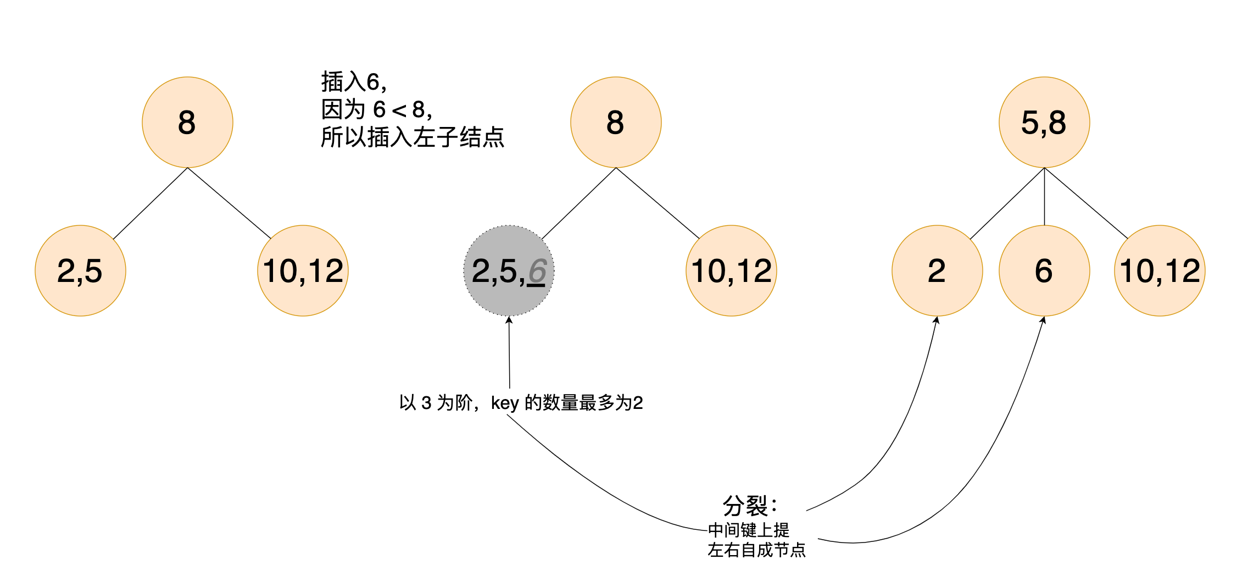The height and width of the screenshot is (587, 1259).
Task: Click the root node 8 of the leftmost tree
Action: pyautogui.click(x=187, y=122)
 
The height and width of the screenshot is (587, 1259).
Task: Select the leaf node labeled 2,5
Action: pyautogui.click(x=80, y=270)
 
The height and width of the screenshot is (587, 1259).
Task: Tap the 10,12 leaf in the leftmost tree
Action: pyautogui.click(x=303, y=270)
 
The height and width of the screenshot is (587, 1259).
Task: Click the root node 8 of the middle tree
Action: pyautogui.click(x=616, y=122)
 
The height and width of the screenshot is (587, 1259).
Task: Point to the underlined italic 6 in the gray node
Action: pyautogui.click(x=537, y=272)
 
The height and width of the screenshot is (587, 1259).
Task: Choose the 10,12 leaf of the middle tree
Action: pyautogui.click(x=731, y=270)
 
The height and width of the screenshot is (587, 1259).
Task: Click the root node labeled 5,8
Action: pyautogui.click(x=1044, y=122)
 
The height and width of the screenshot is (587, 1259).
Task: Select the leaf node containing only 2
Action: pyautogui.click(x=937, y=270)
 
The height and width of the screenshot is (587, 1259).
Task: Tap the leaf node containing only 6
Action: pyautogui.click(x=1044, y=270)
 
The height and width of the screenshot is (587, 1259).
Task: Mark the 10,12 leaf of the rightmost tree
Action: pyautogui.click(x=1160, y=270)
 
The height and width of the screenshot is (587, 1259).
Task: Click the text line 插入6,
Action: pyautogui.click(x=354, y=82)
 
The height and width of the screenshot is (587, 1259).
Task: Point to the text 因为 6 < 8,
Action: pyautogui.click(x=377, y=109)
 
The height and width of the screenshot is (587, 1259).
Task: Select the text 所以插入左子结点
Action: pyautogui.click(x=412, y=137)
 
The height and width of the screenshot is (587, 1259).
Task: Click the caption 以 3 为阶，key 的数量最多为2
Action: pyautogui.click(x=521, y=403)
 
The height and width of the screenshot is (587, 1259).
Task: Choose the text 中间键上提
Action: pyautogui.click(x=748, y=530)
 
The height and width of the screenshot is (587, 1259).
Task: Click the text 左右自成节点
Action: pyautogui.click(x=756, y=550)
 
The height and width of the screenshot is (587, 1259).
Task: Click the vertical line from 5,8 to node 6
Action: pyautogui.click(x=1044, y=197)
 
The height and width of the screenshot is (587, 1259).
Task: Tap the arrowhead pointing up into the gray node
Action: pyautogui.click(x=509, y=320)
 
